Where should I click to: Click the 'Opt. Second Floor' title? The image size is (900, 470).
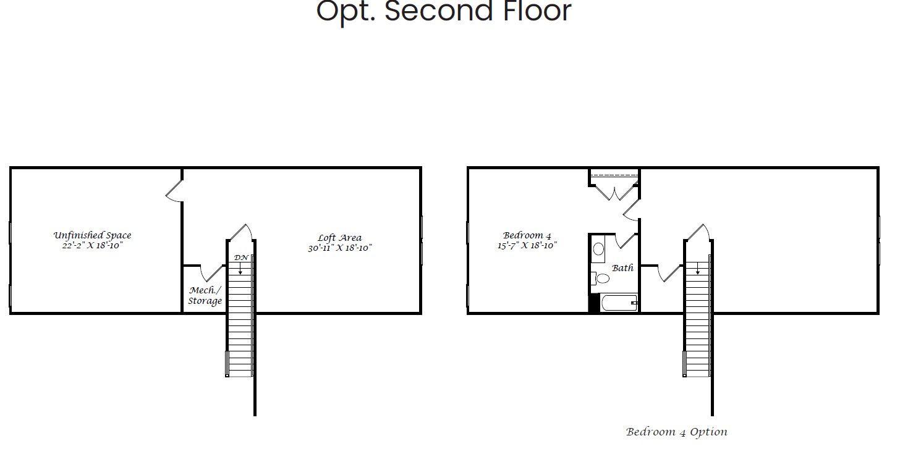coord(443,11)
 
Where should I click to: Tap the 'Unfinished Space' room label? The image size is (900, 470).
coord(92,235)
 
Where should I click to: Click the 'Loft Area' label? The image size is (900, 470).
coord(339,238)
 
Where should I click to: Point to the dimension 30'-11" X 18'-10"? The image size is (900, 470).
coord(340,248)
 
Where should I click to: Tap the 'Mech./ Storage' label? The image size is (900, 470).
coord(205,296)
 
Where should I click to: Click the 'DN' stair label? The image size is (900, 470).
coord(240,258)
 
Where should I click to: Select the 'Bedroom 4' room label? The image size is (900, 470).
coord(527,235)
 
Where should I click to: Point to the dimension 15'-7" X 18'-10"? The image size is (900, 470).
coord(527,246)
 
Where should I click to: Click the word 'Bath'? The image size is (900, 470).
coord(622,268)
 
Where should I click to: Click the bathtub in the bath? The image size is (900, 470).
coord(618,303)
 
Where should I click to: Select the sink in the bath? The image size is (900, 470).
coord(598,250)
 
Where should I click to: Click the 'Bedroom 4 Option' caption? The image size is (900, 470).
coord(676,432)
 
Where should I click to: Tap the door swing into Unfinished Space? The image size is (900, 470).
coord(174,191)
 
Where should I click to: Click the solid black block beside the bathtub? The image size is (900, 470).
coord(594,303)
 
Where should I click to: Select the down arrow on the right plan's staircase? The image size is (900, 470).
coord(698,269)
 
